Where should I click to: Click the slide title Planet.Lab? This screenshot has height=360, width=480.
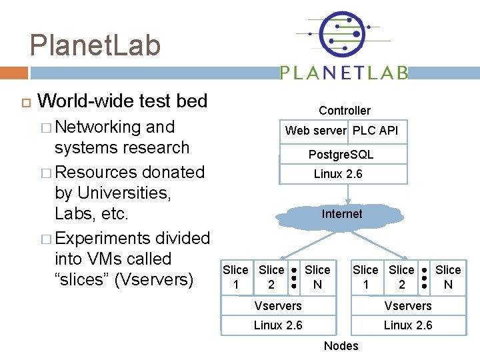point(95,45)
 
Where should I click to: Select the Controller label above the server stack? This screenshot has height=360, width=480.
point(344,111)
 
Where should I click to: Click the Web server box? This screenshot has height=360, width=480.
point(315,131)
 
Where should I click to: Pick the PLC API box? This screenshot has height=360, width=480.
point(375,131)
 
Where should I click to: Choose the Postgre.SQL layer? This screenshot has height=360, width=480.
point(341,155)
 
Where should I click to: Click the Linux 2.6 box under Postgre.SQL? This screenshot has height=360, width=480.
point(337,174)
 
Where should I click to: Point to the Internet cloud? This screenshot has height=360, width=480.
point(342,214)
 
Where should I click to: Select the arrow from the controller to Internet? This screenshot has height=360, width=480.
point(347,193)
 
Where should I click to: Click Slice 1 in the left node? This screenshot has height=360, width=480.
point(235,277)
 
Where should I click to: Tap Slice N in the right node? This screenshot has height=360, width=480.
point(448,277)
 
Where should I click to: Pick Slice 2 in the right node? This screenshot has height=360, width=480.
point(401,277)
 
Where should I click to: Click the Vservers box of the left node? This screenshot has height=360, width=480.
point(278,306)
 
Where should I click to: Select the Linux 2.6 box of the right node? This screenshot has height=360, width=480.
point(407,325)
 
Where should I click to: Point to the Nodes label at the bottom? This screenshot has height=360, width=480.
point(341,345)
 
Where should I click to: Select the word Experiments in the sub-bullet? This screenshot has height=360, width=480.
point(103,238)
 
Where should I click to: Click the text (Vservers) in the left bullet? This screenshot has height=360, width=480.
point(153,279)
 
